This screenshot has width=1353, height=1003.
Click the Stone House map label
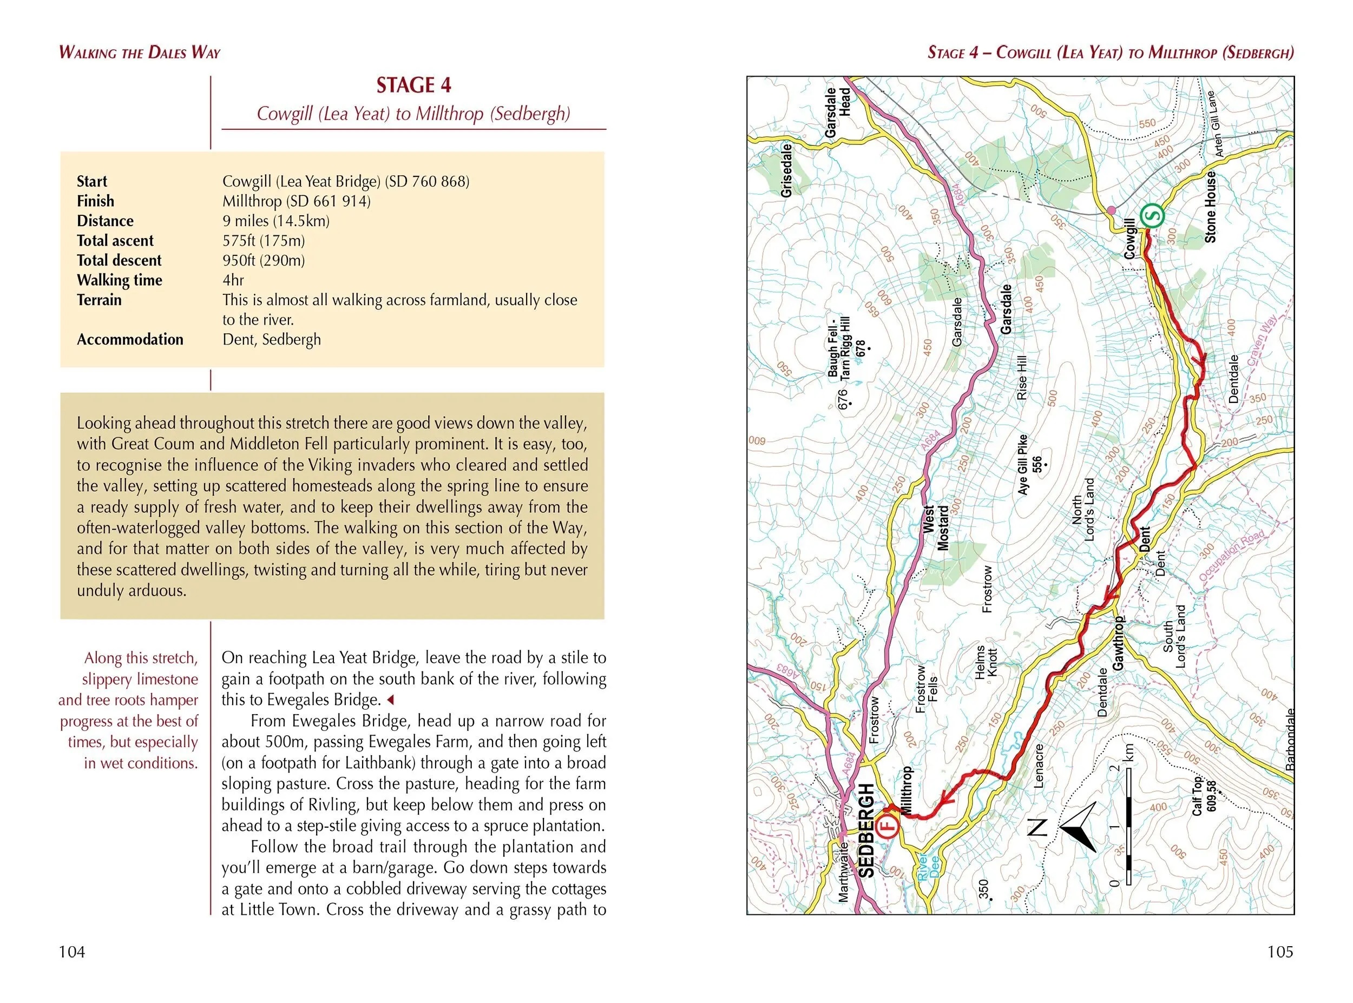[1210, 207]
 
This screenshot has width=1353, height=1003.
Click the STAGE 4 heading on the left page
[413, 85]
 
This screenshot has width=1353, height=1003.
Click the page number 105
[1280, 952]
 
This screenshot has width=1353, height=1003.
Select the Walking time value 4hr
[233, 280]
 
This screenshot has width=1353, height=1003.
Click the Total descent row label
[119, 260]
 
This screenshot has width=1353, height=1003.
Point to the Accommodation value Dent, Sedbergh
[272, 339]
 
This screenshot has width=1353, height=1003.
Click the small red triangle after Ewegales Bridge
[390, 700]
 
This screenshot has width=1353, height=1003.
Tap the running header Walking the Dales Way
[139, 53]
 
